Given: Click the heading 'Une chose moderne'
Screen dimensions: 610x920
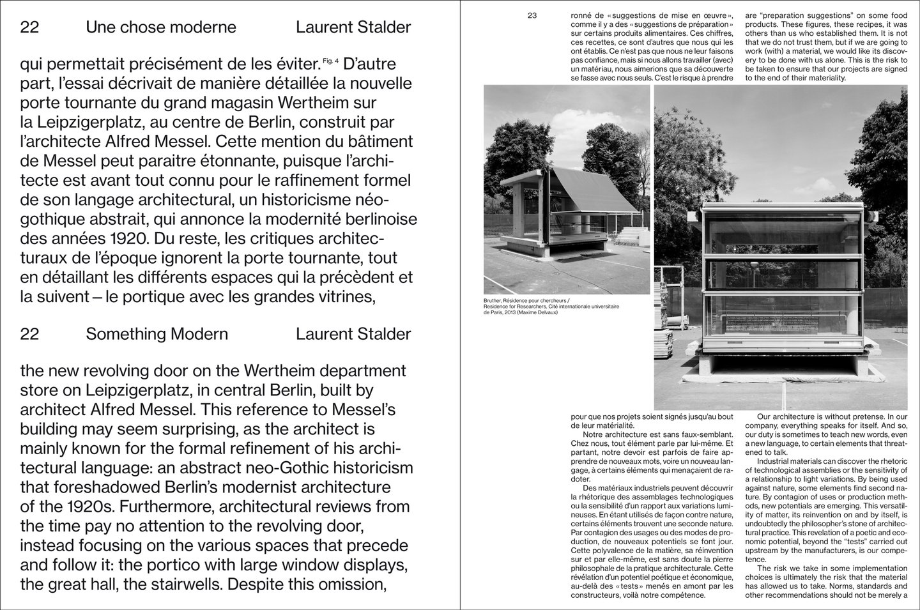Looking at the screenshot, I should [x=160, y=27].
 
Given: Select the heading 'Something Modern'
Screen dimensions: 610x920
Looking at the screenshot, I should [x=157, y=334].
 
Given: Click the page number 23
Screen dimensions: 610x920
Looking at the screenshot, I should [x=532, y=16].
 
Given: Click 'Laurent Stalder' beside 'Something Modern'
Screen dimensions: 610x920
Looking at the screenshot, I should [x=353, y=334].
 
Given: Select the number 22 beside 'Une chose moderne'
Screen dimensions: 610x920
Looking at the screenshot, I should [x=29, y=27].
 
